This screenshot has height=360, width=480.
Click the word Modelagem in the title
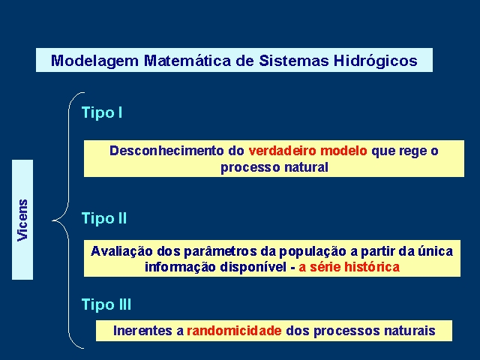click(95, 61)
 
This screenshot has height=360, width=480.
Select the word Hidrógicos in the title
click(376, 61)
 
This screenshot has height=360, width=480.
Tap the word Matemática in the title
click(187, 60)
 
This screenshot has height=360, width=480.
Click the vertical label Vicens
click(22, 220)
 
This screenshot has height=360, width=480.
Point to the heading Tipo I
click(102, 112)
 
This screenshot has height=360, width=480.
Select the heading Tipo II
click(104, 218)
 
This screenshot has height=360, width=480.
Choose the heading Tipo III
click(106, 304)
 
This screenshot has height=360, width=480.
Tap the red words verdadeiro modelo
click(307, 151)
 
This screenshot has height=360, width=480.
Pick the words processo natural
click(274, 167)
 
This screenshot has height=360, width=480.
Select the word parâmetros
click(220, 252)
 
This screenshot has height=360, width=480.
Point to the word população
click(313, 252)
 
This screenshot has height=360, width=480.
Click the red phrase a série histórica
click(349, 267)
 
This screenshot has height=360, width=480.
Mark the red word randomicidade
click(234, 331)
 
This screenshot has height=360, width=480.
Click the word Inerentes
click(142, 331)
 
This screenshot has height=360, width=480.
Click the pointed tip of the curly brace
click(52, 220)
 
